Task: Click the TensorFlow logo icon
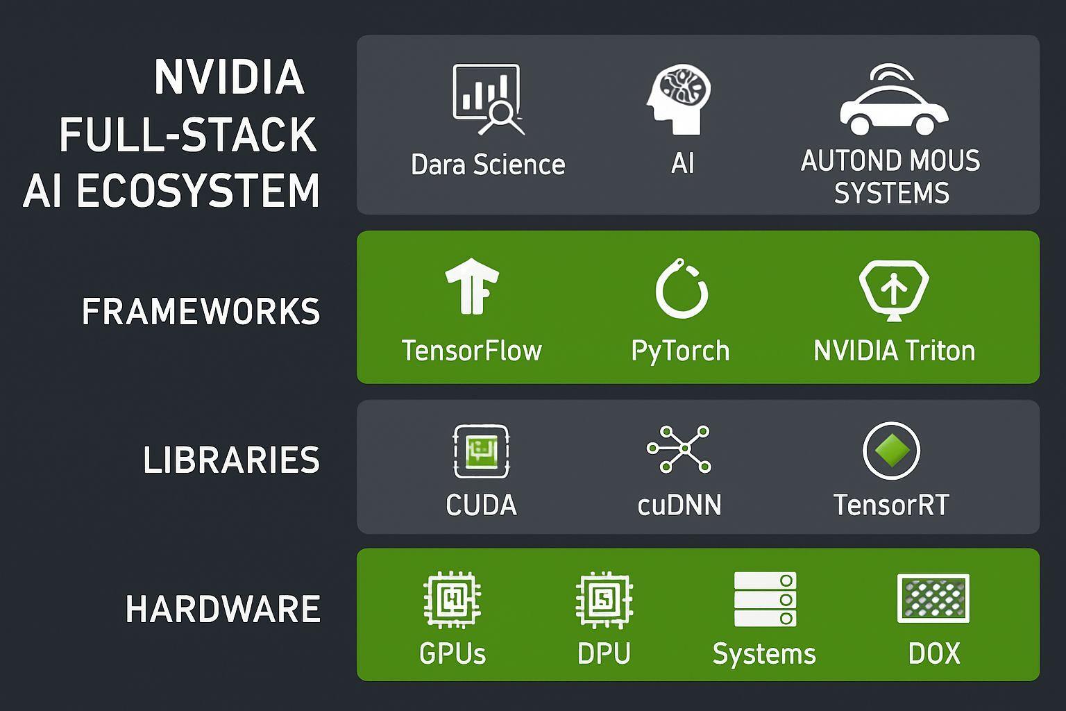point(472,286)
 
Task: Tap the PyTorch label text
point(680,351)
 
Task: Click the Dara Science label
point(488,165)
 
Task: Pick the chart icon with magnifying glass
point(488,99)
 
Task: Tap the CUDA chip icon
point(481,451)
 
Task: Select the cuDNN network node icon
point(679,450)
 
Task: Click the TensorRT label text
point(891,505)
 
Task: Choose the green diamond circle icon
point(891,451)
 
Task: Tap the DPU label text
point(604,653)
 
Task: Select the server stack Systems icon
point(765,599)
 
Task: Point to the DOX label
point(934,653)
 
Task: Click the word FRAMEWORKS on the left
point(201,311)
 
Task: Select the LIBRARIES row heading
point(231,460)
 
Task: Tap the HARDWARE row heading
point(223,609)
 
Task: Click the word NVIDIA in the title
point(229,77)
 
